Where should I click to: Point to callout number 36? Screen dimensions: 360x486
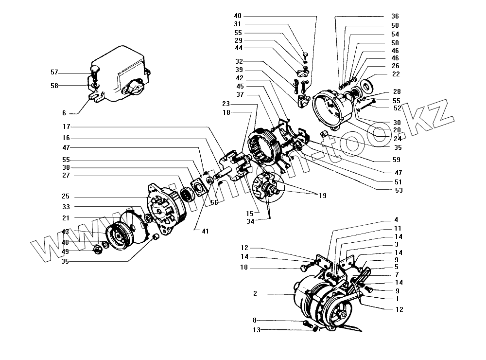pyautogui.click(x=395, y=16)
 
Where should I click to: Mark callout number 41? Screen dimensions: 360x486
pyautogui.click(x=205, y=231)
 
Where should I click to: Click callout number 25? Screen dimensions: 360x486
pyautogui.click(x=66, y=197)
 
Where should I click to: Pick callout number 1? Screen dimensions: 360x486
pyautogui.click(x=398, y=298)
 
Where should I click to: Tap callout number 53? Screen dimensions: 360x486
pyautogui.click(x=399, y=190)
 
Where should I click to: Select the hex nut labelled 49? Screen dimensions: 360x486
pyautogui.click(x=97, y=250)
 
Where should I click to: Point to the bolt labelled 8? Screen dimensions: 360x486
pyautogui.click(x=306, y=323)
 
